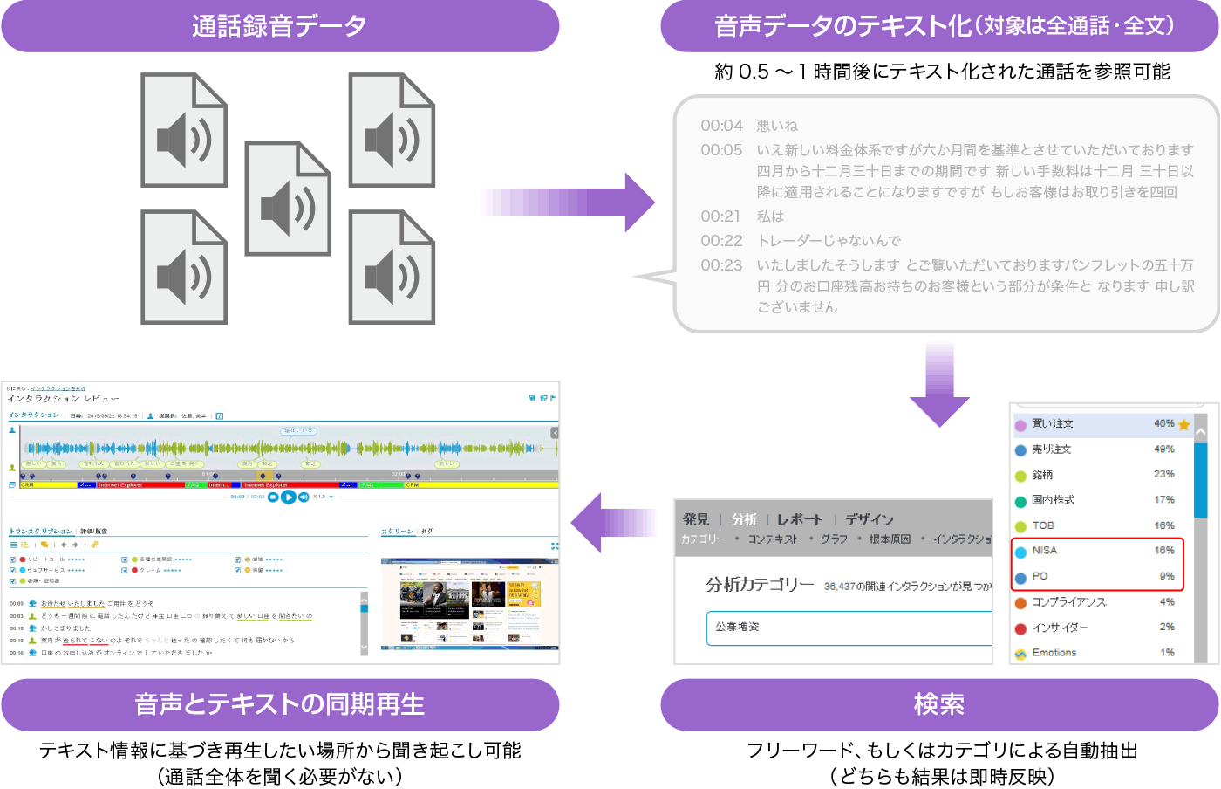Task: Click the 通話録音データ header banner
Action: point(279,26)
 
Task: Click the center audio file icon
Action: point(288,199)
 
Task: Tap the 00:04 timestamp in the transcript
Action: point(721,126)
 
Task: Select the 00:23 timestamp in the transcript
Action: point(721,265)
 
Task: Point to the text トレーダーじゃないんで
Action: point(829,241)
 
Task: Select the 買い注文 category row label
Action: point(1053,424)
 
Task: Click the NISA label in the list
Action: point(1044,551)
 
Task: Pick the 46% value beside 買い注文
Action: point(1163,424)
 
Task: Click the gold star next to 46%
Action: point(1183,425)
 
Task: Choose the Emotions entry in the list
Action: point(1054,653)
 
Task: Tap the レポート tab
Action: point(799,519)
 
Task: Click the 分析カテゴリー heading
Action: point(759,585)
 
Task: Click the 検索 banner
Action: point(939,705)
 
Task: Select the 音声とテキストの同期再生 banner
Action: point(279,705)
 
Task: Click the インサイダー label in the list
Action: point(1060,628)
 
